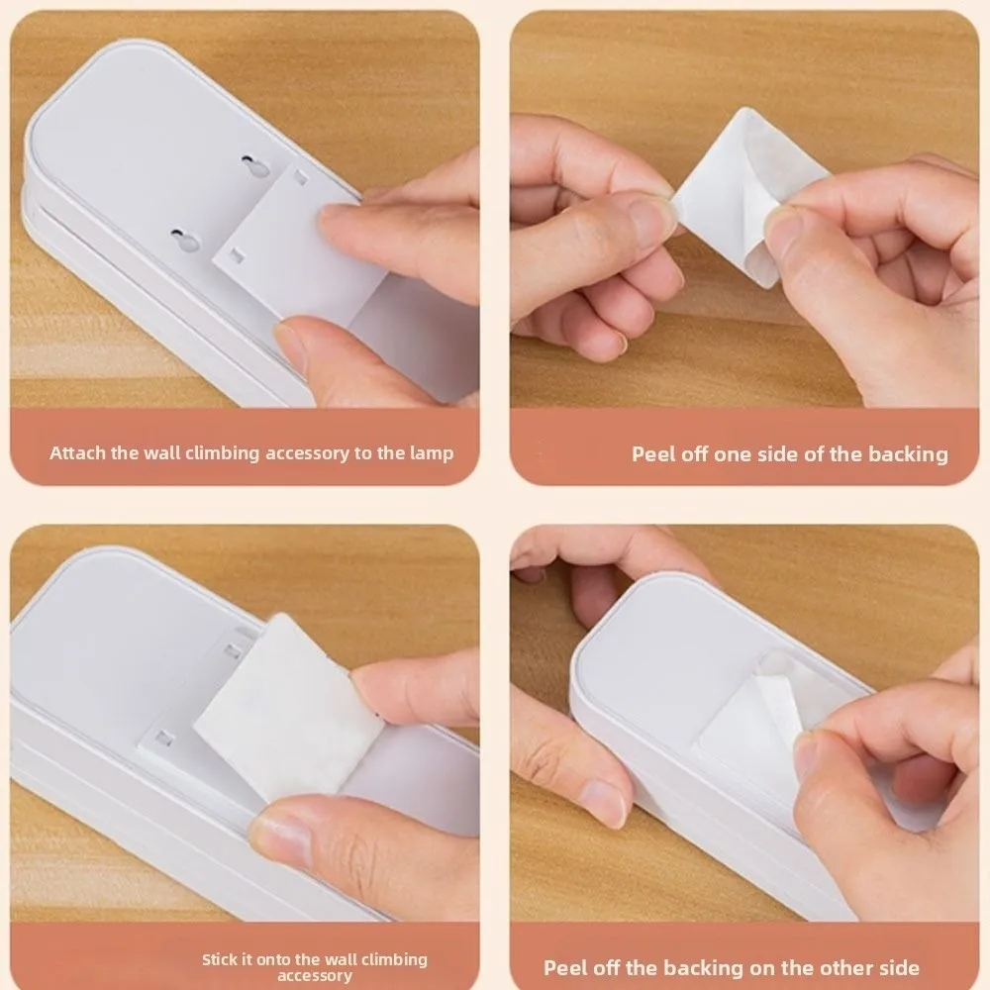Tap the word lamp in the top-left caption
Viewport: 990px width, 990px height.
point(431,453)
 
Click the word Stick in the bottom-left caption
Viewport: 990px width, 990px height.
point(220,959)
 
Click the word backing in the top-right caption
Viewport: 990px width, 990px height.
point(908,454)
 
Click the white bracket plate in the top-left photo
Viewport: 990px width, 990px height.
point(287,247)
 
